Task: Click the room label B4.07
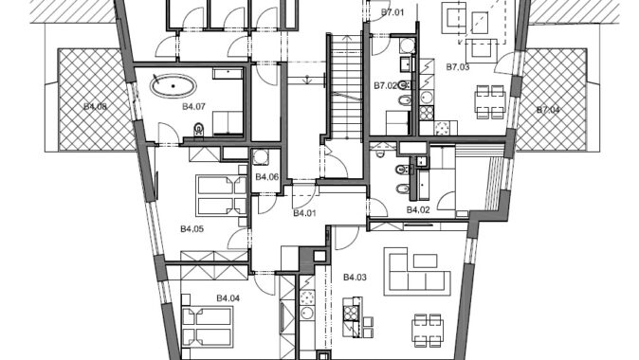coord(193,107)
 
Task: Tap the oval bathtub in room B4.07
coord(173,86)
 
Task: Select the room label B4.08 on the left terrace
coord(96,107)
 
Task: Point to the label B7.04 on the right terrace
coord(548,110)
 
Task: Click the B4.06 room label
coord(267,177)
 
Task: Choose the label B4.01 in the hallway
coord(305,213)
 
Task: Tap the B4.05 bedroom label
coord(192,229)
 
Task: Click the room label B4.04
coord(228,298)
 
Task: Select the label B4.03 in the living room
coord(355,278)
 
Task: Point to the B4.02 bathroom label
coord(418,210)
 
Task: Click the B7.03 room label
coord(458,67)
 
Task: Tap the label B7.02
coord(386,85)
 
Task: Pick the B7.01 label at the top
coord(393,12)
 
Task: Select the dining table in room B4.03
coord(428,331)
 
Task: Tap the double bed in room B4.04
coord(207,326)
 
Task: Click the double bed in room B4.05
coord(222,196)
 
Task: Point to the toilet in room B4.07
coord(198,130)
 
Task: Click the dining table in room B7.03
coord(490,101)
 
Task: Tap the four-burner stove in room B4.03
coord(351,314)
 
